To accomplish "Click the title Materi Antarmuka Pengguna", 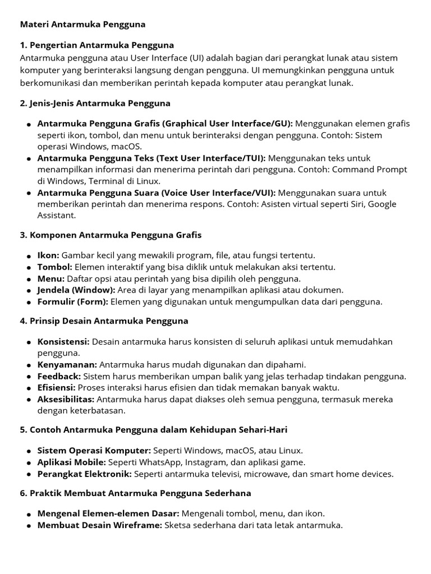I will point(82,24).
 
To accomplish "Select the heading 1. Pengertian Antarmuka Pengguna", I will point(97,45).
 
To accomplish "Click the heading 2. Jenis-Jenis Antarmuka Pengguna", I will point(95,103).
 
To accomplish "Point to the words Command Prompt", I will point(375,169).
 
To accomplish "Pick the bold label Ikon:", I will point(48,255).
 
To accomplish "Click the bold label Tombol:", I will point(54,267).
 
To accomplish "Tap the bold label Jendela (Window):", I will point(76,290).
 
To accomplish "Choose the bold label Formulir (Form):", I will point(73,302).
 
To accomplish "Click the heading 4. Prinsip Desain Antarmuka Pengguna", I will point(104,321).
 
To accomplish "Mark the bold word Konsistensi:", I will point(63,341).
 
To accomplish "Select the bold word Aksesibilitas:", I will point(66,399).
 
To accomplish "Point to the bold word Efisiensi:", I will point(56,387).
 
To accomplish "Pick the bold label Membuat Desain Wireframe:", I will point(99,525).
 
